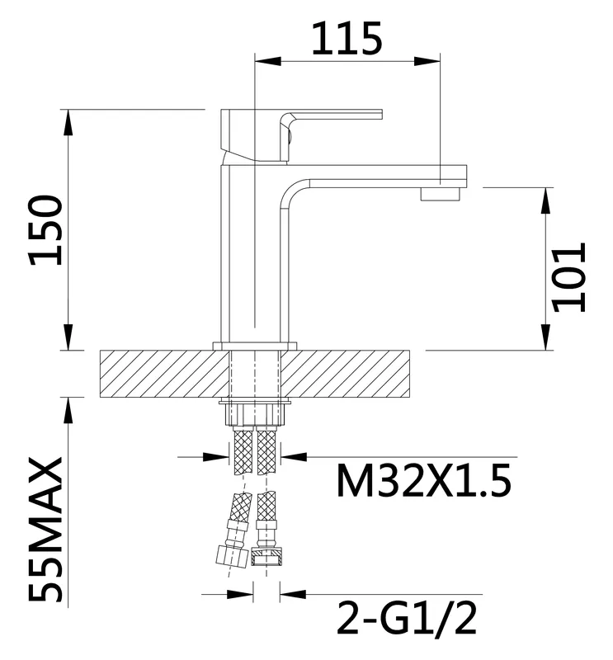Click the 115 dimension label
tap(347, 38)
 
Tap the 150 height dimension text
tap(45, 230)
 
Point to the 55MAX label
tap(45, 530)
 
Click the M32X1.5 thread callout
tap(424, 481)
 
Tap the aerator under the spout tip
tap(441, 194)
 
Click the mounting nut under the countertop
tap(255, 414)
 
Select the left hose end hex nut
tap(231, 556)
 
